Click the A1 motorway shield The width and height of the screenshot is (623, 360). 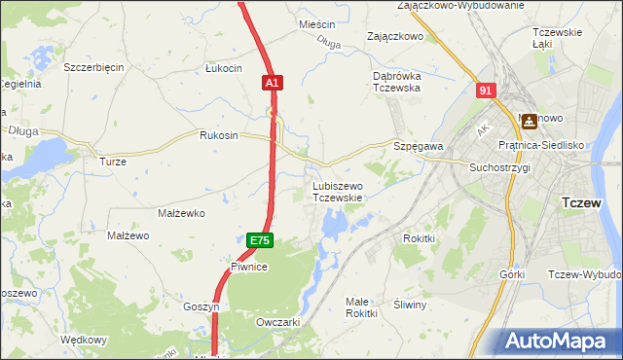pyautogui.click(x=273, y=85)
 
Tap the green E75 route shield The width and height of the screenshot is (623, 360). pyautogui.click(x=259, y=240)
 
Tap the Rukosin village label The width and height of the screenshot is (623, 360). pyautogui.click(x=218, y=136)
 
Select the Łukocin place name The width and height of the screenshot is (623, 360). pyautogui.click(x=223, y=68)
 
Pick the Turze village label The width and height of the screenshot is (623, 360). pyautogui.click(x=113, y=162)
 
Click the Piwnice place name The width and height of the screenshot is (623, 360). pyautogui.click(x=249, y=266)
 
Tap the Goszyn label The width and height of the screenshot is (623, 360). pyautogui.click(x=202, y=306)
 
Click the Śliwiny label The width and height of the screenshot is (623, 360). pyautogui.click(x=411, y=305)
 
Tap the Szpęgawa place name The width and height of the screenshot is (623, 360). pyautogui.click(x=419, y=146)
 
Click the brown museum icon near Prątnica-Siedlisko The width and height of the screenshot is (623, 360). pyautogui.click(x=530, y=122)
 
